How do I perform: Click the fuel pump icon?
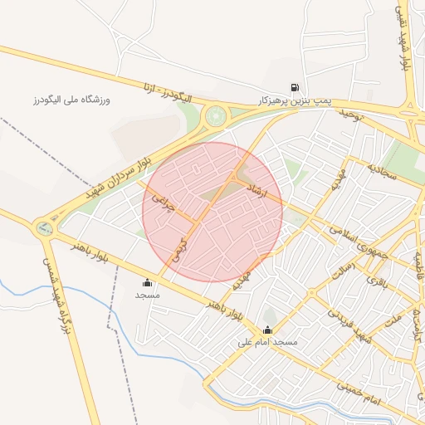(294, 87)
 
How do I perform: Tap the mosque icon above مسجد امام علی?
(267, 330)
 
